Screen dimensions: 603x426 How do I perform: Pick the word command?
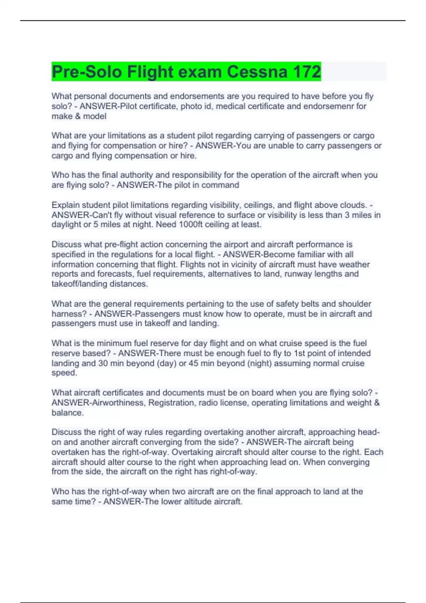point(222,185)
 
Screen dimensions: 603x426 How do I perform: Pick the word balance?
point(67,413)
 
